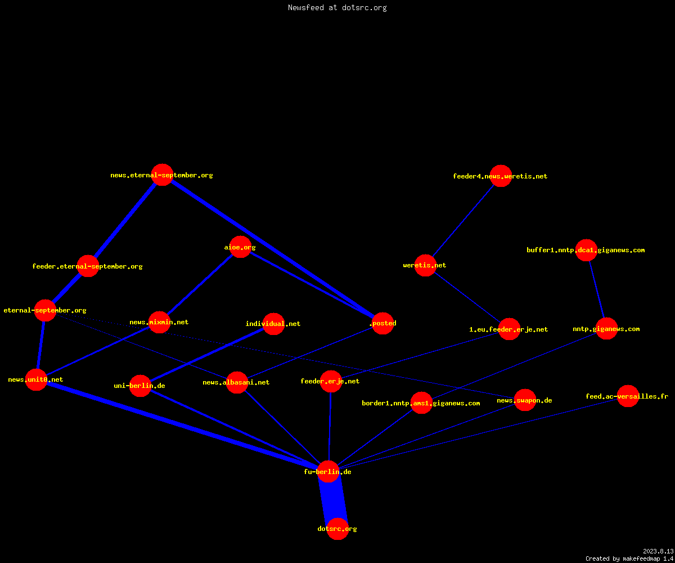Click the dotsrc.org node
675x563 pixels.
pyautogui.click(x=337, y=529)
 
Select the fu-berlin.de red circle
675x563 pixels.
pyautogui.click(x=328, y=471)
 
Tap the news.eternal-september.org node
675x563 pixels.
pyautogui.click(x=163, y=175)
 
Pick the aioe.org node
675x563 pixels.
pyautogui.click(x=240, y=247)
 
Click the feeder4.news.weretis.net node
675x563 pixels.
pyautogui.click(x=501, y=176)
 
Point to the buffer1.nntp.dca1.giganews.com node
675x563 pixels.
pyautogui.click(x=587, y=250)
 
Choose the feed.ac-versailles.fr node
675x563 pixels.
pyautogui.click(x=628, y=396)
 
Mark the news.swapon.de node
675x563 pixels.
pyautogui.click(x=525, y=400)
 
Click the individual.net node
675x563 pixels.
pyautogui.click(x=273, y=324)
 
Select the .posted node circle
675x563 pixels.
pyautogui.click(x=382, y=323)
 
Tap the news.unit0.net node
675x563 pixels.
pyautogui.click(x=36, y=379)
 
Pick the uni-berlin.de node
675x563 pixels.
pyautogui.click(x=140, y=386)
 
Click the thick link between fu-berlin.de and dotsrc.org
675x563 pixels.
pyautogui.click(x=333, y=501)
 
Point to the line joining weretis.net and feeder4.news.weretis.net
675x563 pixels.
pyautogui.click(x=463, y=221)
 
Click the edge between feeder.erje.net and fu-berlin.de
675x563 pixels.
pyautogui.click(x=330, y=426)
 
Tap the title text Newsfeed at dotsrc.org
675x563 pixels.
pyautogui.click(x=337, y=7)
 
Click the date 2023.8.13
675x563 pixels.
pyautogui.click(x=658, y=551)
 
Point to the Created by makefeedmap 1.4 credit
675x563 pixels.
pyautogui.click(x=629, y=558)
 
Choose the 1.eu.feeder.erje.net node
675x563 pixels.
pyautogui.click(x=509, y=329)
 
